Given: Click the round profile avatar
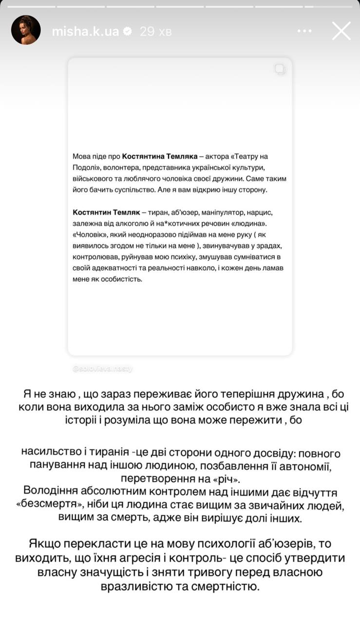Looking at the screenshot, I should point(26,30).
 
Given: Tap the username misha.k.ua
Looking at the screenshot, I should point(85,31).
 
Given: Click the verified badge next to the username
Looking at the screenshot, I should point(128,31).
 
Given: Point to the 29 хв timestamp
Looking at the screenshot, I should point(155,31).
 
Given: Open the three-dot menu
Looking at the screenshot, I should point(304,31).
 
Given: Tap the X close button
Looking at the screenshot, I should point(341,31).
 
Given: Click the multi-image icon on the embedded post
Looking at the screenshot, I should point(280,70).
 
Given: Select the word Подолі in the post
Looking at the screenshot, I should point(84,168).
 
